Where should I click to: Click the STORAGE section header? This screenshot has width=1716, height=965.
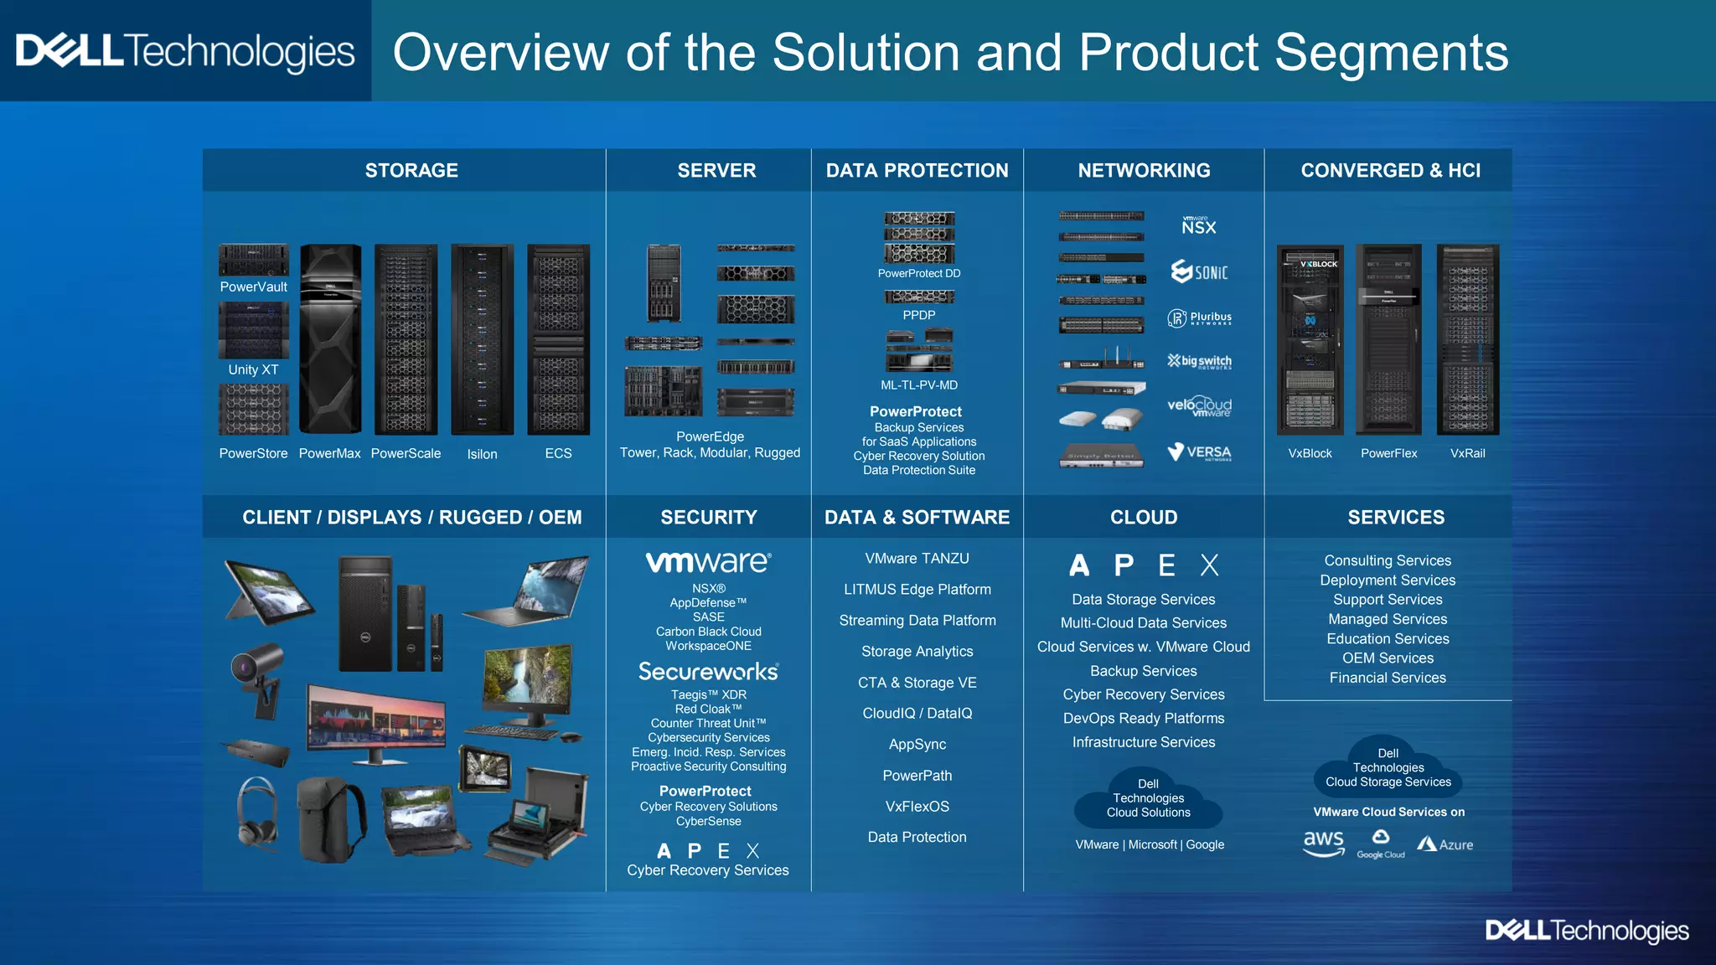(411, 171)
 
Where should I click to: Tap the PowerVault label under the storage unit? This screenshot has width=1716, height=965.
(253, 287)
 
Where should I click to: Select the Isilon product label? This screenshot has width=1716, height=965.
(482, 454)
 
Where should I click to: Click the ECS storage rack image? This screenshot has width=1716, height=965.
(558, 339)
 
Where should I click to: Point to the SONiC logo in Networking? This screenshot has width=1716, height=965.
(1199, 272)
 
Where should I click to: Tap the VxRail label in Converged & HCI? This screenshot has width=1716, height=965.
(1467, 453)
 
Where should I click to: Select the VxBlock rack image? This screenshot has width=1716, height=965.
(1310, 339)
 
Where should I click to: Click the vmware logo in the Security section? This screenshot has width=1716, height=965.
(708, 562)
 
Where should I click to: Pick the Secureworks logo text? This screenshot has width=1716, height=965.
(708, 672)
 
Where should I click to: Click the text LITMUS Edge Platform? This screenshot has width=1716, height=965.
(917, 590)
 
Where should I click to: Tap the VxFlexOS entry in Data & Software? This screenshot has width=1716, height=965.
(917, 807)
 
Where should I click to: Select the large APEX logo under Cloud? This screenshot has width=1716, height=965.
(1143, 565)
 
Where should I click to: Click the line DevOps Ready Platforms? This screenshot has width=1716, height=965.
(1143, 719)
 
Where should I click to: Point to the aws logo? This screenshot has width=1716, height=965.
(1323, 843)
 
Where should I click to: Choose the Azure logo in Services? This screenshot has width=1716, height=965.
(1445, 844)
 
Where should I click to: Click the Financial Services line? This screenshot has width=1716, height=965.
(1388, 678)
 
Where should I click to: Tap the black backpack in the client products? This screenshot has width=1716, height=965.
(332, 819)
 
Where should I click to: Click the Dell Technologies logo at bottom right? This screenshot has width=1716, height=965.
(1586, 931)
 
